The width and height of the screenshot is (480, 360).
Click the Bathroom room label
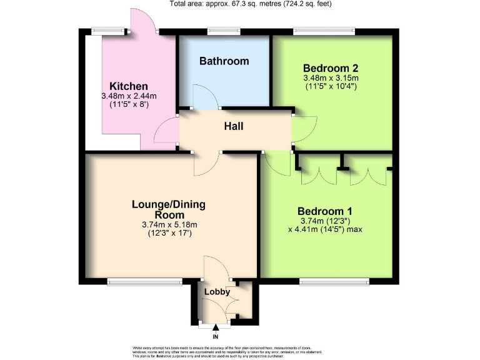224,61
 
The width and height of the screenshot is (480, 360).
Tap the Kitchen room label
129,86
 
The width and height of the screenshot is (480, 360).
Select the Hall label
234,127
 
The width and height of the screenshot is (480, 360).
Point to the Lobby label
217,292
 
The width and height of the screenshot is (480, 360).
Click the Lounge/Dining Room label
169,209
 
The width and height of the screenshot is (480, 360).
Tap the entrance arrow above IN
216,327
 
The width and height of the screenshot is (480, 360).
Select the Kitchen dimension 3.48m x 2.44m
129,96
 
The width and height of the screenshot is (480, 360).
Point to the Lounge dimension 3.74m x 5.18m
169,225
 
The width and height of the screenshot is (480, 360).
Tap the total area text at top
251,4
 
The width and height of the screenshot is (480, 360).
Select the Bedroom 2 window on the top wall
324,30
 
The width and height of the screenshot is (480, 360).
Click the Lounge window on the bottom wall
144,282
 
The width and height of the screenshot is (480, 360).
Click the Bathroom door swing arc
201,97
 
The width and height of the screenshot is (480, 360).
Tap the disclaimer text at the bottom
240,351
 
